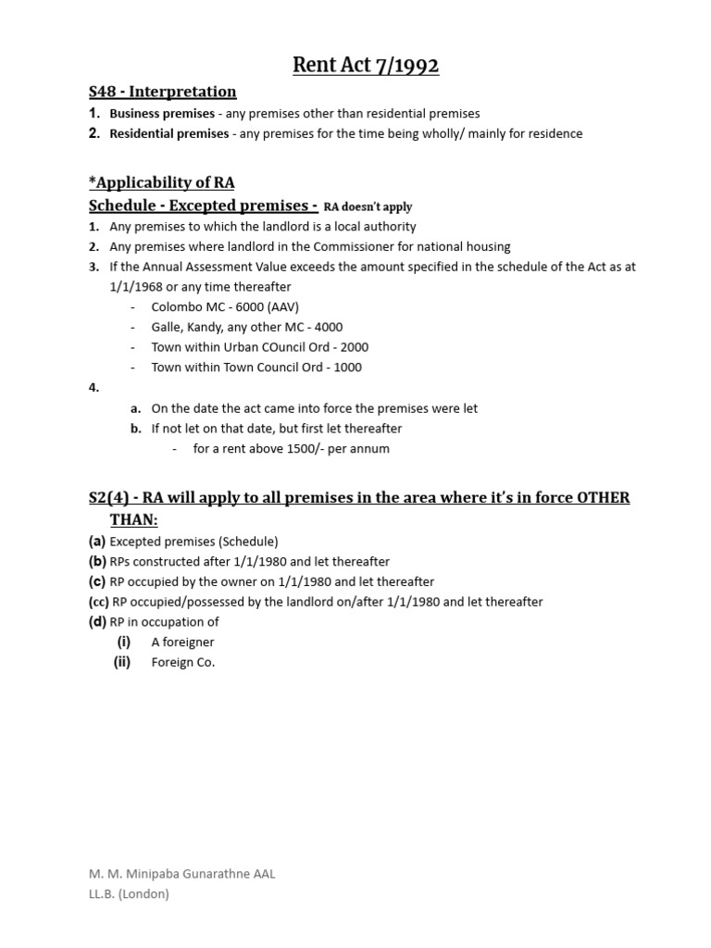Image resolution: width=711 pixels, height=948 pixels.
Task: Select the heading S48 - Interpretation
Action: [162, 92]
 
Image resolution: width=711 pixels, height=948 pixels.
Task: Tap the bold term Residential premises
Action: [168, 133]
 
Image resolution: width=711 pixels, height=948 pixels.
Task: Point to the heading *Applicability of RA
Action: [161, 182]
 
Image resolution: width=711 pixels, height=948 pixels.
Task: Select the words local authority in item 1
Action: [378, 227]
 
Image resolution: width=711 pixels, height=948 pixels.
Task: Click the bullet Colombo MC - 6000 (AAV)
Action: [225, 306]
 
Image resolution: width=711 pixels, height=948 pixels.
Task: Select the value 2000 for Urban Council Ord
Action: [355, 347]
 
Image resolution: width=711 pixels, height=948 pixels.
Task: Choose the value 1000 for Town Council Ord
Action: [348, 368]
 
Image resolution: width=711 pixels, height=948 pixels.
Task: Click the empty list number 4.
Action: [94, 388]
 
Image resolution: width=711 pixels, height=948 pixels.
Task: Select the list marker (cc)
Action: [98, 602]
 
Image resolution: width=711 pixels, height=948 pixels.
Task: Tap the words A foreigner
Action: [182, 642]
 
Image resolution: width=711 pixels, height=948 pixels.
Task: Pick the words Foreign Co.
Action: [182, 662]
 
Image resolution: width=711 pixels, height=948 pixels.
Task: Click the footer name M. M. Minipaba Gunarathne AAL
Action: [182, 874]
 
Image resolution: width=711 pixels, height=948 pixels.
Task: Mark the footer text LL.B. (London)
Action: [129, 894]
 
